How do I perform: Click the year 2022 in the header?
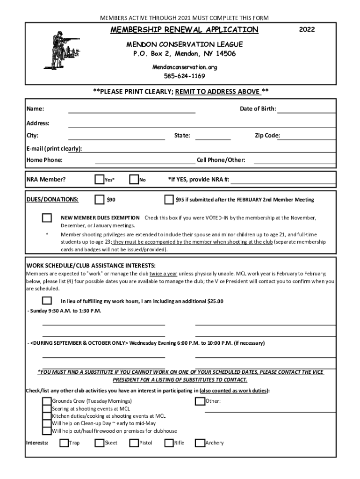tap(307, 30)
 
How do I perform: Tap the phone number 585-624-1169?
tap(184, 76)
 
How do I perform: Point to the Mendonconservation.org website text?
tap(184, 67)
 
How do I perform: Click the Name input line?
tap(131, 109)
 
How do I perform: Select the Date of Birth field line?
tap(306, 109)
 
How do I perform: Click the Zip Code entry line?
tap(308, 136)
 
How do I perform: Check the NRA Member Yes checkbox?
tap(99, 180)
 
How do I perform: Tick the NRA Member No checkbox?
tap(134, 180)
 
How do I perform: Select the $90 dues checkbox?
tap(99, 200)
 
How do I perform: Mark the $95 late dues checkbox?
tap(169, 200)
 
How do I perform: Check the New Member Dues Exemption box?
tap(47, 218)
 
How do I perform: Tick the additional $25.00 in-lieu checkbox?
tap(47, 301)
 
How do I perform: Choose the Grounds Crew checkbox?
tap(47, 401)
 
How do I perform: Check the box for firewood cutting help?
tap(47, 431)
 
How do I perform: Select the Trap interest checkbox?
tap(64, 443)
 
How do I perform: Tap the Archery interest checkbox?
tap(200, 443)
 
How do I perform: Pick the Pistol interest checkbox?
tap(134, 443)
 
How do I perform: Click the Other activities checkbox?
tap(200, 401)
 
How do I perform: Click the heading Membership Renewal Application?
tap(184, 30)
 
